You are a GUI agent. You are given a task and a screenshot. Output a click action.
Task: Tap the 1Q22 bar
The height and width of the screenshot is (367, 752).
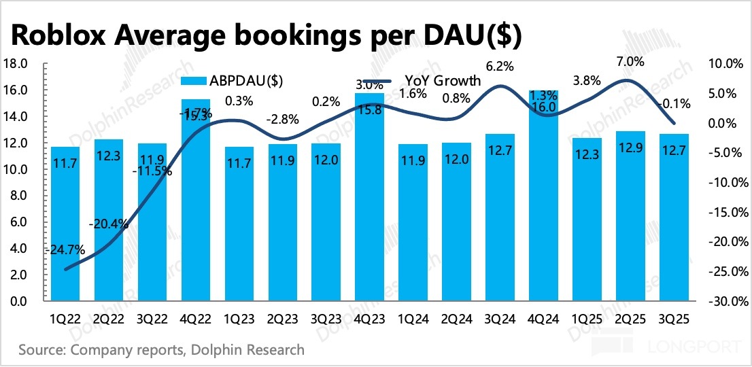click(65, 224)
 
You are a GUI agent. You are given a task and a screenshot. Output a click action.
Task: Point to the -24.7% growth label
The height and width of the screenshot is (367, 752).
click(66, 249)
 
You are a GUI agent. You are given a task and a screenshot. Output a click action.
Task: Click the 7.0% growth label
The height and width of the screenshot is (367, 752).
click(630, 62)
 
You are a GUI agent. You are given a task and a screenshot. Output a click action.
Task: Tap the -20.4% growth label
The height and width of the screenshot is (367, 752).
click(109, 223)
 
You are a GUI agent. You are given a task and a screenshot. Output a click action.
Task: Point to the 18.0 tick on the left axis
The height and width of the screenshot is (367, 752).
click(14, 64)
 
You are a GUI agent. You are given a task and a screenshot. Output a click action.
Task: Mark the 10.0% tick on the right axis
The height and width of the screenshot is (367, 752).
click(728, 64)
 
